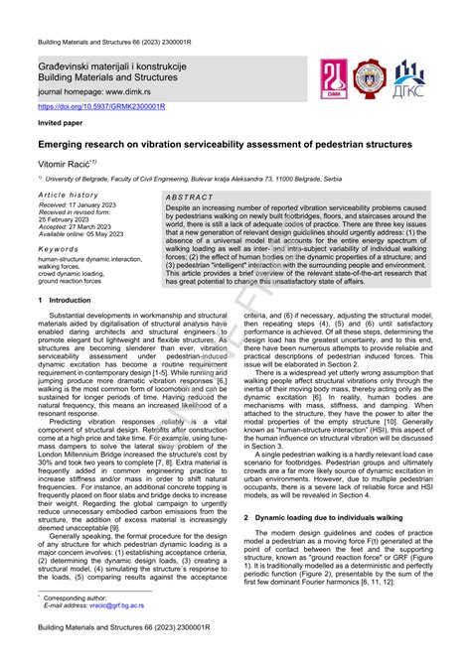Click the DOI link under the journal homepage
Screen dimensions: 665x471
[101, 105]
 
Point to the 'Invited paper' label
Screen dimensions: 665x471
[61, 124]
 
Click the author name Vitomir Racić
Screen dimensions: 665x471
[66, 161]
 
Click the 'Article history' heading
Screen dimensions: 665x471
[70, 196]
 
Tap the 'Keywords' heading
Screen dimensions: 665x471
[59, 250]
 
